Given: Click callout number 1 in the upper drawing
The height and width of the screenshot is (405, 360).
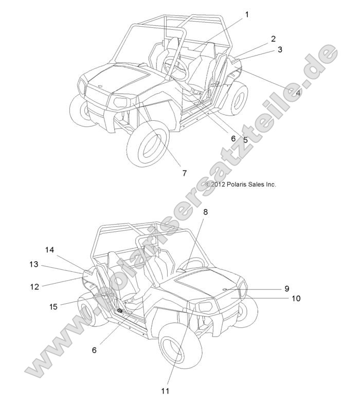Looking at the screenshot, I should tap(246, 14).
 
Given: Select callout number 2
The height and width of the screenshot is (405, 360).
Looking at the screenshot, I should tap(273, 39).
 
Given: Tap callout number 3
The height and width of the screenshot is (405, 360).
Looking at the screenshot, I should tap(280, 49).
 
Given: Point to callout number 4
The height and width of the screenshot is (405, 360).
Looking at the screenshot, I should tap(298, 93).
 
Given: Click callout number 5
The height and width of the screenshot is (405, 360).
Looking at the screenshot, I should tap(245, 139).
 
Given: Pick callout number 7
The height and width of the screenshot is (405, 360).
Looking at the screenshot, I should tap(184, 173).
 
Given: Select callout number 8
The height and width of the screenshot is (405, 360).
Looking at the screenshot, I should tap(205, 211).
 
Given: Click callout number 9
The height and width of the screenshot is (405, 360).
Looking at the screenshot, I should tap(287, 288).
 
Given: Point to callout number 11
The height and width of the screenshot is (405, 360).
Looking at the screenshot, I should tap(165, 391).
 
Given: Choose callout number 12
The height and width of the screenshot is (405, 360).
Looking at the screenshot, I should tap(34, 287).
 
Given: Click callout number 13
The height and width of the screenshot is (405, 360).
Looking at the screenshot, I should tap(33, 264).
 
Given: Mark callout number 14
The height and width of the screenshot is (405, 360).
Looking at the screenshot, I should tap(49, 250).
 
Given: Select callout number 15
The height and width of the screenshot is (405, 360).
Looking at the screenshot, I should tap(53, 306).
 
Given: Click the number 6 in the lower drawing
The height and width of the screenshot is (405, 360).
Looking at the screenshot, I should tap(94, 349).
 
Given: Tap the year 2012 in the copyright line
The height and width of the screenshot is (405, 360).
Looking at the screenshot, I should tap(218, 184).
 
